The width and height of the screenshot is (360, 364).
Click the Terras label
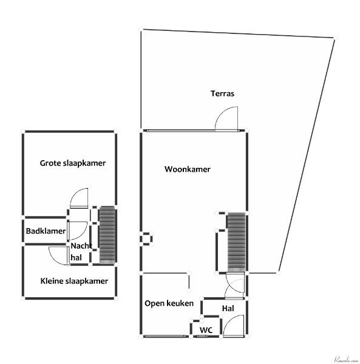222,93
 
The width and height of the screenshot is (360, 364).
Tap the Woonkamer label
187,169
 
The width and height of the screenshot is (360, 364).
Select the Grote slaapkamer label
73,163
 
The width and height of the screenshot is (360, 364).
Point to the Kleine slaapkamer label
74,281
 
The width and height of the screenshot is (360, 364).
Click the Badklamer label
46,231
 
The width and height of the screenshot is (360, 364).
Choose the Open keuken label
169,303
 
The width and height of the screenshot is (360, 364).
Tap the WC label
206,330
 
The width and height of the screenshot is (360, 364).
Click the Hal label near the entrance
228,309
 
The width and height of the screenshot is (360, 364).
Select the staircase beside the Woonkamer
236,242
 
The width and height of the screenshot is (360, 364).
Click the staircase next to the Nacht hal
107,234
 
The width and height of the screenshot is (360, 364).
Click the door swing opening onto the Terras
226,119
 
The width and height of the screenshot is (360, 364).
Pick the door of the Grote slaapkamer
79,198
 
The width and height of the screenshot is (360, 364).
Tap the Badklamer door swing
77,231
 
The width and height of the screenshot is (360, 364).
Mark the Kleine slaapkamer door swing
59,255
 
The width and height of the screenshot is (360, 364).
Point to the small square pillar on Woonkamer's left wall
146,238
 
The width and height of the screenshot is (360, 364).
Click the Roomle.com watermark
346,360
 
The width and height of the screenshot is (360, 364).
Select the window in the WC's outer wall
202,336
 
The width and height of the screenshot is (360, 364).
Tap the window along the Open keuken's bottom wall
165,336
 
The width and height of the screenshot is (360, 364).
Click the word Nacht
81,246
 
